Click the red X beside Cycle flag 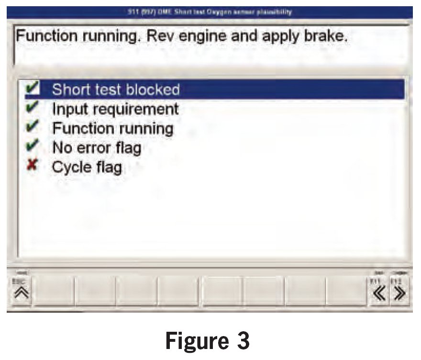[33, 167]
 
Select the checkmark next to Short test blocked [33, 89]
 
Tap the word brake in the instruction [323, 36]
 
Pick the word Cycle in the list [72, 168]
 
